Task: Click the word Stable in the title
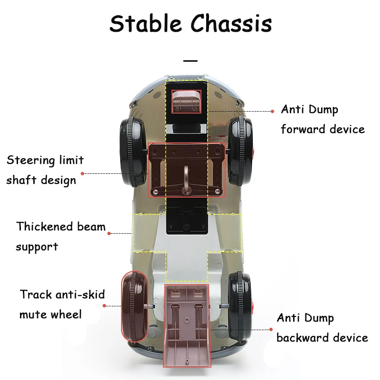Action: [x=145, y=23]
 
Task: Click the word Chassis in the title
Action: [x=231, y=23]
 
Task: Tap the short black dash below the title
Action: [x=190, y=61]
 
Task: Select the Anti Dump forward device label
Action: [x=323, y=119]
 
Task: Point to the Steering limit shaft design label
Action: [x=45, y=170]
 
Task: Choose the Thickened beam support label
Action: [x=60, y=236]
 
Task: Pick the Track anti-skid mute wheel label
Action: [x=62, y=304]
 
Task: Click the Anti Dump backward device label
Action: [x=322, y=328]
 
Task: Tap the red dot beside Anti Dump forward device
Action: [x=273, y=111]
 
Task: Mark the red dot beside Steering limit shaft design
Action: [x=82, y=174]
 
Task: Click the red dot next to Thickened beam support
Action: [x=109, y=233]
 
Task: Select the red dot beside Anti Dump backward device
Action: [x=273, y=329]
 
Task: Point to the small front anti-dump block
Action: [x=186, y=101]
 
